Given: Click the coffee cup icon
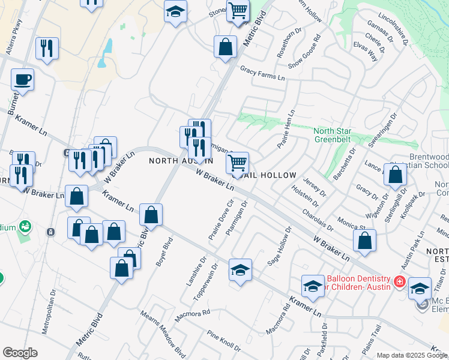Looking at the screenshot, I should point(22,80).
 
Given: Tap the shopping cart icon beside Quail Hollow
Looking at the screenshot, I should point(238,162).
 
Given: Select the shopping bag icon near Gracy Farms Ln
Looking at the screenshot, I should point(225,47).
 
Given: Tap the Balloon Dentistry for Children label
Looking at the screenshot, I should point(358,283).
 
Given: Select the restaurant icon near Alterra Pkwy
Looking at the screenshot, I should point(47,48).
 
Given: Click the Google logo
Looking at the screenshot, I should point(20,353).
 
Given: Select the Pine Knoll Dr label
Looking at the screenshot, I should point(223,341).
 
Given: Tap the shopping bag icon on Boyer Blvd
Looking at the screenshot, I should point(151,215).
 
